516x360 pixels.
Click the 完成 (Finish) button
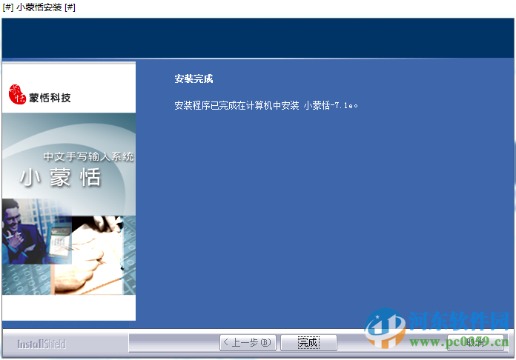(x=308, y=342)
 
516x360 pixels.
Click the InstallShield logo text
(x=42, y=344)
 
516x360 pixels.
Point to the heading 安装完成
(x=193, y=79)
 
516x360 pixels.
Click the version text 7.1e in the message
(x=345, y=106)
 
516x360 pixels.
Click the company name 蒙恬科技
(x=50, y=97)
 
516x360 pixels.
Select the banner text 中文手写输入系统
(x=88, y=157)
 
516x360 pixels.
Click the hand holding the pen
(x=104, y=248)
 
